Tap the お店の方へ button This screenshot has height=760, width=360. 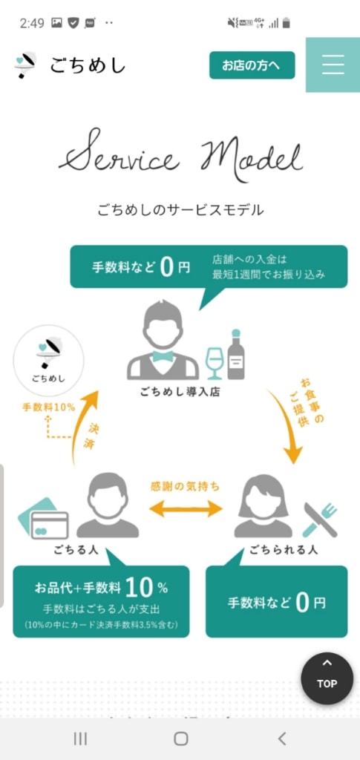(x=252, y=65)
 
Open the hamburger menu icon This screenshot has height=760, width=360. (x=333, y=65)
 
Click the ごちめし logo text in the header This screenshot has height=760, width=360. (x=87, y=65)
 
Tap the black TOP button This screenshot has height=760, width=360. (x=327, y=678)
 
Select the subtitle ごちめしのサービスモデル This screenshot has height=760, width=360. (x=180, y=210)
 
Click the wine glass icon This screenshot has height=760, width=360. (x=213, y=363)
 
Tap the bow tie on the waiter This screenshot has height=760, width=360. (x=163, y=357)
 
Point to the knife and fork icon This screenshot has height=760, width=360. (x=320, y=520)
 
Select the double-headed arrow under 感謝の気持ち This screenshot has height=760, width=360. (x=185, y=508)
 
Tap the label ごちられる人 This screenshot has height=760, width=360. (x=284, y=550)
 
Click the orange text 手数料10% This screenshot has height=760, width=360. (x=48, y=407)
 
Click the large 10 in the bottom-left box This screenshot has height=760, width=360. (x=140, y=588)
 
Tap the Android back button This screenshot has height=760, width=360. (x=281, y=738)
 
